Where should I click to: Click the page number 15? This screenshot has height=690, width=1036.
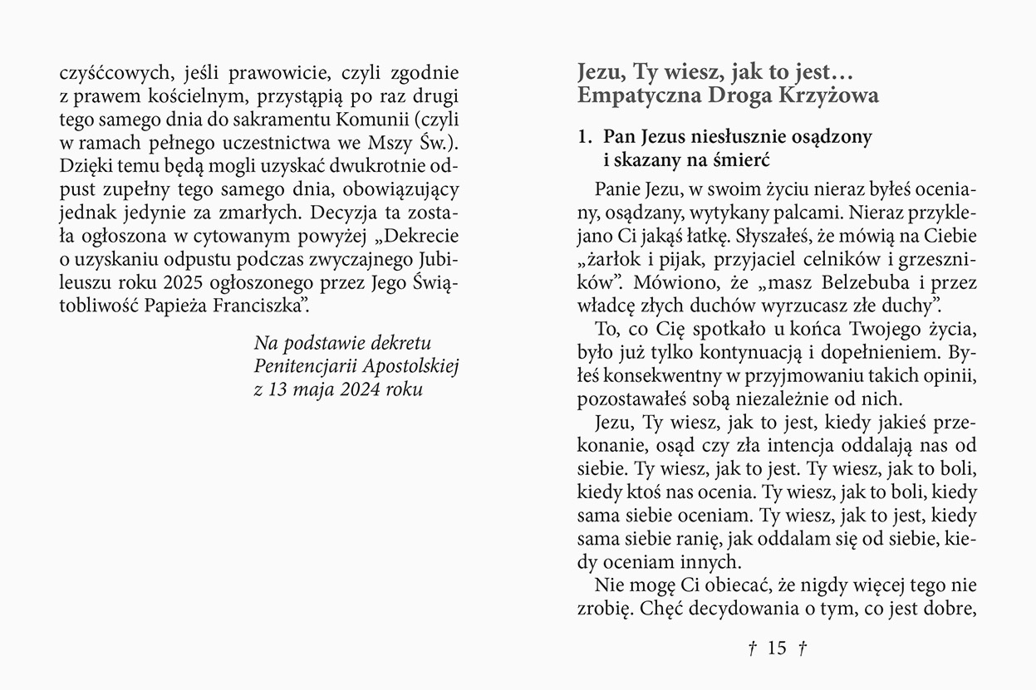click(x=777, y=648)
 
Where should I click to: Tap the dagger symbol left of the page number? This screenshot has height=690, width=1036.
click(x=752, y=648)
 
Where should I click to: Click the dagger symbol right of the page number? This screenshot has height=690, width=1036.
click(x=803, y=648)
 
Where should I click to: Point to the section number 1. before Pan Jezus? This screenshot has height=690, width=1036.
click(x=586, y=135)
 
